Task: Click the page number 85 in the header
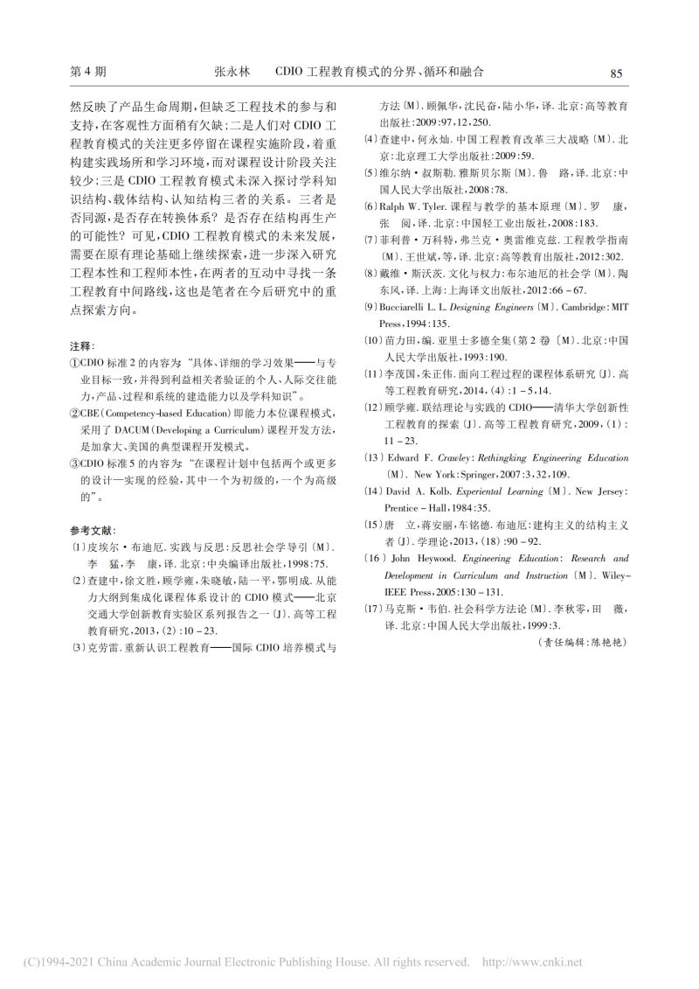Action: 615,74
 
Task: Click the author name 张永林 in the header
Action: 232,73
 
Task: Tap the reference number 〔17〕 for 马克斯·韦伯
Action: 374,608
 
